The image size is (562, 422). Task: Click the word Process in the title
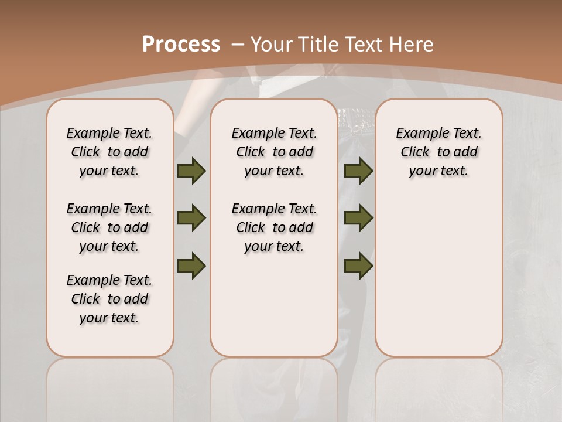(181, 45)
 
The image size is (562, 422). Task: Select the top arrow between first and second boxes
(191, 171)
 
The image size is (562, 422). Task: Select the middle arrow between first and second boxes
(191, 218)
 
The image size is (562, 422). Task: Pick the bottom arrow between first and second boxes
(191, 265)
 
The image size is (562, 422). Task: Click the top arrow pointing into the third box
(359, 171)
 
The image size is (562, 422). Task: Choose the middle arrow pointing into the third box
(359, 218)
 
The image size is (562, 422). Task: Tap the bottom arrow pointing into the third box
(359, 265)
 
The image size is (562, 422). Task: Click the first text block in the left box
(109, 152)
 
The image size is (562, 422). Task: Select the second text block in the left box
(109, 227)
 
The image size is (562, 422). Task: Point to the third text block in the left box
(109, 299)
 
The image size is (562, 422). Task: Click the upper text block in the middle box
(274, 152)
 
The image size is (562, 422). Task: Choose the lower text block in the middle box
(274, 227)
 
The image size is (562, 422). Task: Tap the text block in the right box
(438, 152)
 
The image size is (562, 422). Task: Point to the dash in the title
(238, 45)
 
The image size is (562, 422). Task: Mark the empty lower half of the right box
(438, 281)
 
